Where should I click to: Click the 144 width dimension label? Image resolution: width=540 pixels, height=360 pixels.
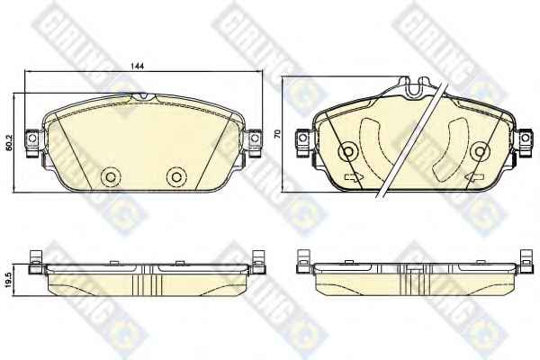pos(138,66)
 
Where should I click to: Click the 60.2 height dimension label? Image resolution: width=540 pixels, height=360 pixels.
pos(9,142)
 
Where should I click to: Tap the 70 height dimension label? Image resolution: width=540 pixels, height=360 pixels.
pos(277,134)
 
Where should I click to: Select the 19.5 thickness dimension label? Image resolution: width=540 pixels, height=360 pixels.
pos(9,279)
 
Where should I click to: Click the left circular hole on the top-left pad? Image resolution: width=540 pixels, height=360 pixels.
pos(111,177)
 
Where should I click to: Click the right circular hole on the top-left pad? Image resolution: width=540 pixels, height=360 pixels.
pos(176,177)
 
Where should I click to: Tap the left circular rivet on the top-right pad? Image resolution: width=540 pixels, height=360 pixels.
pos(348,151)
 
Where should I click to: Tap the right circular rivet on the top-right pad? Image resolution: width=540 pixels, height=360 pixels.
pos(480,151)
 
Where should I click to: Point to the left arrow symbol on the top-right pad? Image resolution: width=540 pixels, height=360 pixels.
pos(354,177)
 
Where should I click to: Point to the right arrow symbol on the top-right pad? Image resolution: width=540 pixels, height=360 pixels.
pos(474,177)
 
